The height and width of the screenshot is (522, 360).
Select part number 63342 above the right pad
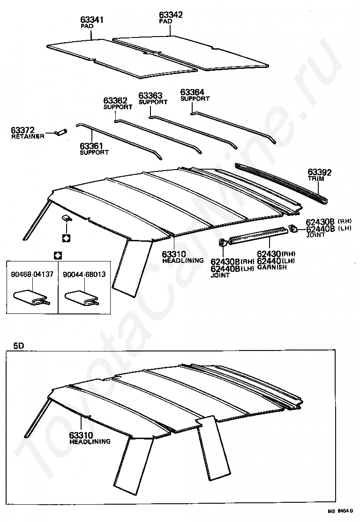(x=170, y=15)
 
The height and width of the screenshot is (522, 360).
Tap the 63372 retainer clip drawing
(x=60, y=132)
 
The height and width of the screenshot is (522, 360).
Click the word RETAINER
(x=28, y=136)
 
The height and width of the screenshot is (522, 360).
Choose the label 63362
(x=115, y=100)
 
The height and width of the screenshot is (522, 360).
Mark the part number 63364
(x=193, y=92)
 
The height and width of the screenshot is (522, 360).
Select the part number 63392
(x=319, y=173)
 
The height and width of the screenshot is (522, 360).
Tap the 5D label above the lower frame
(x=18, y=346)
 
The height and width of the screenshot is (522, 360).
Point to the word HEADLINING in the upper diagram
(x=183, y=261)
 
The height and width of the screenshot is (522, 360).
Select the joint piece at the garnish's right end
(x=292, y=228)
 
